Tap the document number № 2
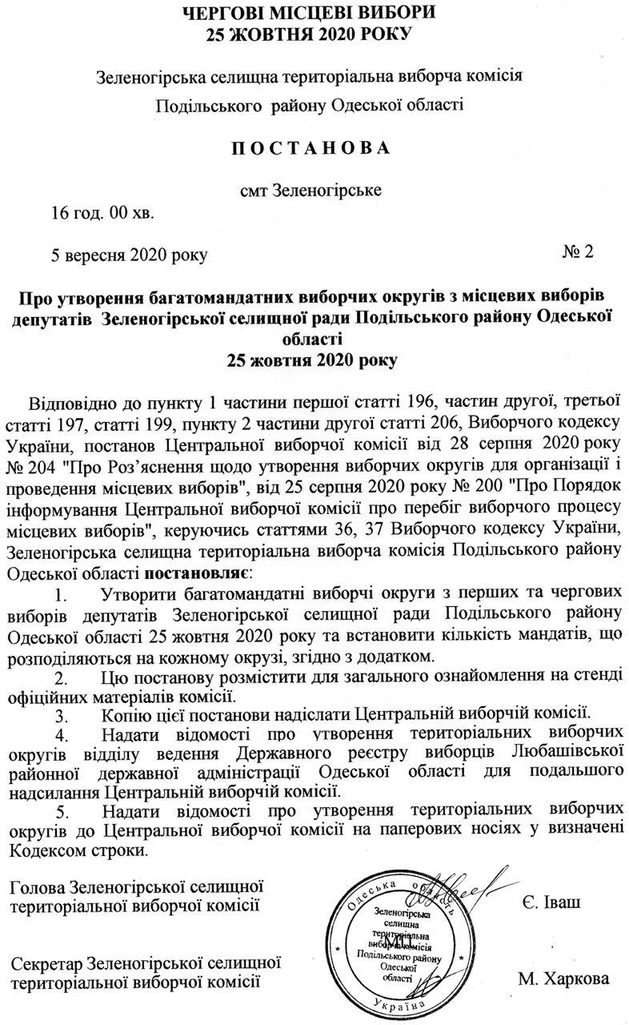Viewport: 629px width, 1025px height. click(x=578, y=252)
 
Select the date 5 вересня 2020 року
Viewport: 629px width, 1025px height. click(x=128, y=255)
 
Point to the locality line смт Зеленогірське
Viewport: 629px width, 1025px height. click(x=311, y=191)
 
